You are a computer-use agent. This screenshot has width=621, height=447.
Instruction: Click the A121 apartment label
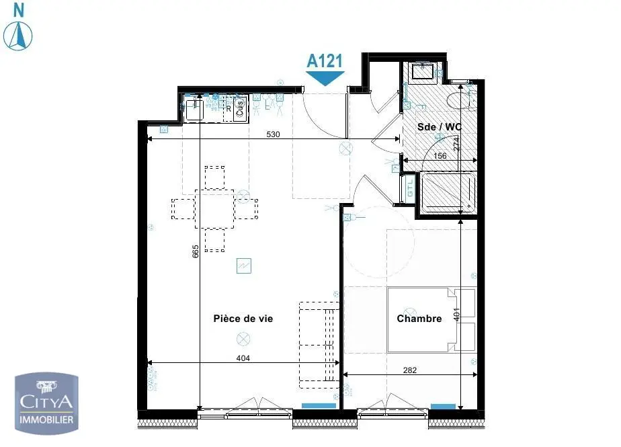click(x=326, y=60)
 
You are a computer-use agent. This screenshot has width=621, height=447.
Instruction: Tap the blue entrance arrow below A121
click(x=326, y=78)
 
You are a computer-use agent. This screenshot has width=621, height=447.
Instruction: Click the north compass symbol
click(x=19, y=34)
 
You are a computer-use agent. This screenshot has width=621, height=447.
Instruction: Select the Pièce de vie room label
click(x=243, y=319)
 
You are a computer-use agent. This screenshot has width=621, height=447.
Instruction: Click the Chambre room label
click(x=419, y=319)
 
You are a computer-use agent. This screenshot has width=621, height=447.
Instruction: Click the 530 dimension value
click(x=273, y=134)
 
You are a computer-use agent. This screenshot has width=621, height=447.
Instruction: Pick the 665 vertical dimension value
click(x=196, y=252)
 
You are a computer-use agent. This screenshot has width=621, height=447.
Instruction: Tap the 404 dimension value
click(x=243, y=358)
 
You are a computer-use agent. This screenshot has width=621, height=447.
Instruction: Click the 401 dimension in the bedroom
click(x=458, y=315)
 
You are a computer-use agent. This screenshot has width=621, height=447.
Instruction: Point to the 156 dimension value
click(x=440, y=156)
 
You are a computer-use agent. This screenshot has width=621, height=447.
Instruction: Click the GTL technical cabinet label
click(x=409, y=189)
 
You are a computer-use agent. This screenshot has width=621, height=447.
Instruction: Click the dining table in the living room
click(x=215, y=208)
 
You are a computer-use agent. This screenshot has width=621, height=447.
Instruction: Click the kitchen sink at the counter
click(x=195, y=109)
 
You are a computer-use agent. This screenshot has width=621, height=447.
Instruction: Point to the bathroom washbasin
click(x=423, y=71)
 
